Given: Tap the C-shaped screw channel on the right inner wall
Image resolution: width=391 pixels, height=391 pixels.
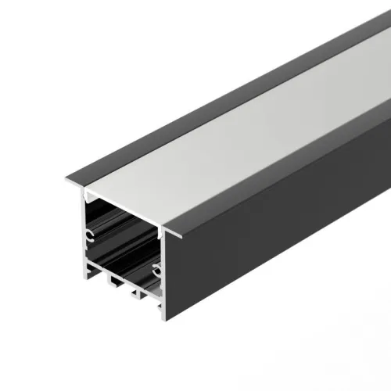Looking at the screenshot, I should pyautogui.click(x=157, y=271).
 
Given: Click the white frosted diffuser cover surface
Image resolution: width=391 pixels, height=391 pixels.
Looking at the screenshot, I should pyautogui.click(x=235, y=133).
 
